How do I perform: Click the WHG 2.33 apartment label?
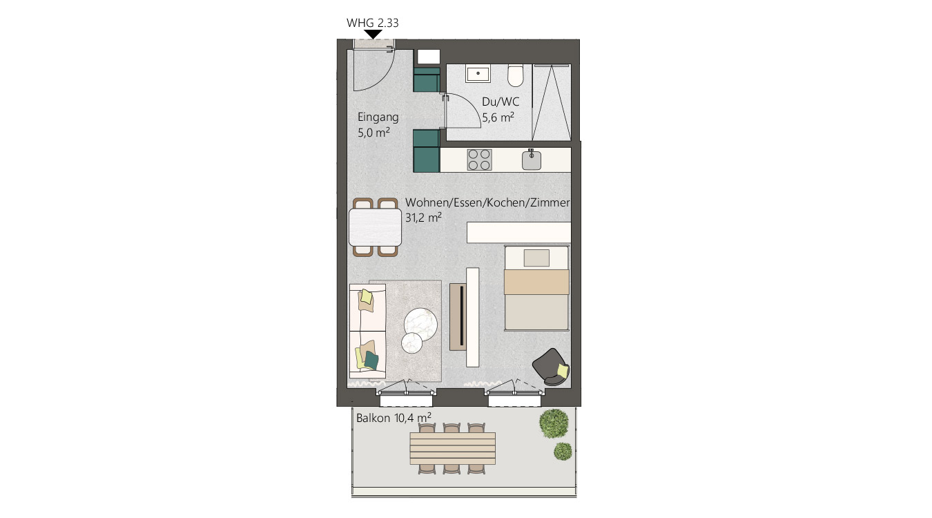(x=372, y=23)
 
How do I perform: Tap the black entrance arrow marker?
(x=373, y=34)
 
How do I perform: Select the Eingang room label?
(x=378, y=118)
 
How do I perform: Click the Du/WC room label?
(x=501, y=102)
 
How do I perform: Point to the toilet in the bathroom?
(x=516, y=75)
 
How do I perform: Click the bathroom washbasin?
(x=478, y=74)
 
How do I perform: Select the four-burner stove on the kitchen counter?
(x=479, y=160)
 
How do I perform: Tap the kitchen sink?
(x=532, y=160)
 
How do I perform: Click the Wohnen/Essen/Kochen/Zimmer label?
(x=487, y=203)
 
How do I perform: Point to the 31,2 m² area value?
(x=423, y=217)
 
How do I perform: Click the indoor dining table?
(x=376, y=227)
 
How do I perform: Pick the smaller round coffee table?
(x=412, y=343)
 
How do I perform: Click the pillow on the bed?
(x=536, y=258)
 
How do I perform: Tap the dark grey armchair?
(x=550, y=367)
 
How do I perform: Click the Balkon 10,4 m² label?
(x=394, y=418)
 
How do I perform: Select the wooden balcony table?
(x=452, y=448)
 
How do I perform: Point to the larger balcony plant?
(x=554, y=423)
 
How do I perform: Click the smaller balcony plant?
(x=563, y=451)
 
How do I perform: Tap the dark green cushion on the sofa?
(x=371, y=361)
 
